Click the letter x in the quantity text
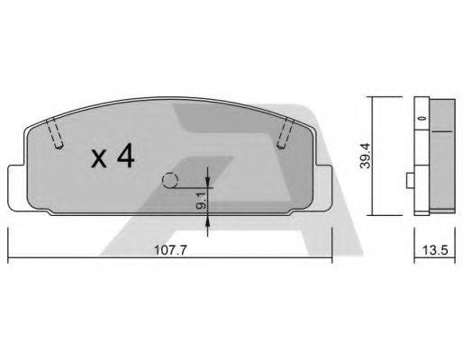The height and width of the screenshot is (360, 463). click(x=99, y=160)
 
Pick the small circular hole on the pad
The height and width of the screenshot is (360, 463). click(x=168, y=180)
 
